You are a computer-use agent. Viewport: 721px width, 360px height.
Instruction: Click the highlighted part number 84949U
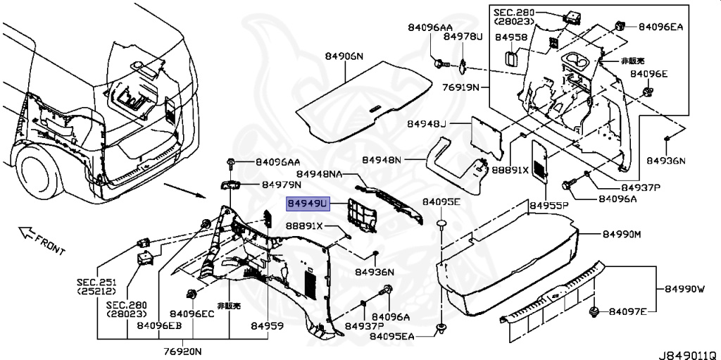coord(308,204)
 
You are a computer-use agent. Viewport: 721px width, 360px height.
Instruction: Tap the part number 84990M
coord(622,234)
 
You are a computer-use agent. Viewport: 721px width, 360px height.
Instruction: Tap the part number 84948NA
coord(320,174)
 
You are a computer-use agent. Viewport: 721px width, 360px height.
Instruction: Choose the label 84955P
coord(549,206)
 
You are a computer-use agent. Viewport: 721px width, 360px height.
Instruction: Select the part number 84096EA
coord(661,27)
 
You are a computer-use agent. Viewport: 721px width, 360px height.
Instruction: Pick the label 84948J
coord(426,124)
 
